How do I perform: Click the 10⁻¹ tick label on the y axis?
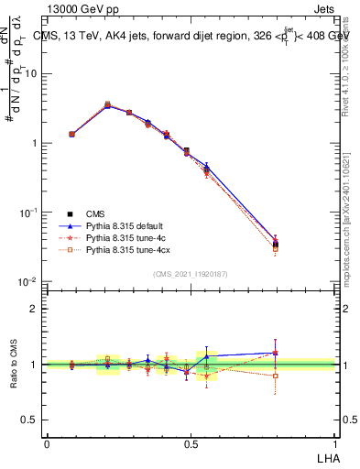[x=29, y=213]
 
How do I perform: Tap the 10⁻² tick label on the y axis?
[x=29, y=282]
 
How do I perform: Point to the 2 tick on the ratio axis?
[x=35, y=309]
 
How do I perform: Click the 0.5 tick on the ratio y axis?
[x=31, y=420]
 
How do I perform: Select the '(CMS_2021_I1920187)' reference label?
[x=191, y=273]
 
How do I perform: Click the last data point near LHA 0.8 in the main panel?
[x=276, y=244]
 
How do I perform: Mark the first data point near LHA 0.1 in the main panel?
[x=71, y=134]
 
